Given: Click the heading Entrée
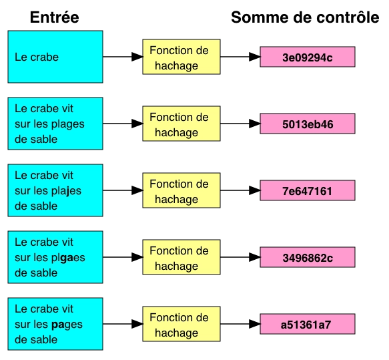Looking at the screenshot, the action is (55, 17).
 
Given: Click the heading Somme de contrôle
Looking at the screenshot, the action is (305, 17).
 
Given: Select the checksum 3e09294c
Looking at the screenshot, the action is (308, 57).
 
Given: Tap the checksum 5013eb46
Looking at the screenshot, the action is (308, 124).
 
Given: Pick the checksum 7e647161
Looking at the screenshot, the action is (307, 191).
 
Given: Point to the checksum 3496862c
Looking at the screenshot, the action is (308, 258).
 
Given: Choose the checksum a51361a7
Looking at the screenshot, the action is (306, 325).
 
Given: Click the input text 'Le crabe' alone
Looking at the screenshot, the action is (37, 57).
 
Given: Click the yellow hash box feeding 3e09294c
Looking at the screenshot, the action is (181, 57).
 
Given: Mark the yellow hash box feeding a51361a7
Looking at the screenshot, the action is (181, 324).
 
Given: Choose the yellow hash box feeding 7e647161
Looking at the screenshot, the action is (181, 190).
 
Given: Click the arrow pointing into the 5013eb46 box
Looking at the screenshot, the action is (240, 124).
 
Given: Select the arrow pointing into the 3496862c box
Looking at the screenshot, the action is (240, 257).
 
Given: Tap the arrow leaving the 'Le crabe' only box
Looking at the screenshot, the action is (123, 57).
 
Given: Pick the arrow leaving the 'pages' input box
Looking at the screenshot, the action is (123, 324).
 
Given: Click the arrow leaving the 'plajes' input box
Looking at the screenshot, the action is (123, 190).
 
